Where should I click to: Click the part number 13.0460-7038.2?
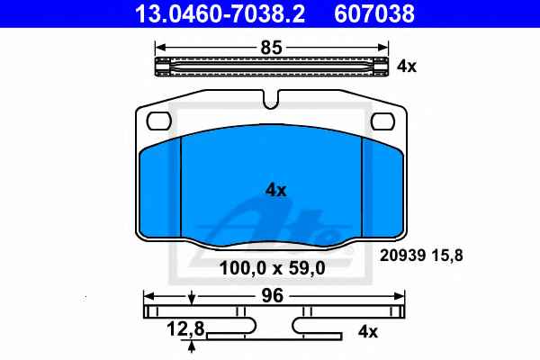(220, 13)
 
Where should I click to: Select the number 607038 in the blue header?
(374, 13)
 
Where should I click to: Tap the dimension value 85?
(272, 48)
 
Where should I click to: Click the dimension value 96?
(272, 295)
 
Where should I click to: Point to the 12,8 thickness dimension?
(185, 328)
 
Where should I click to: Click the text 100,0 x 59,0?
(272, 268)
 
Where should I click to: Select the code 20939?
(402, 256)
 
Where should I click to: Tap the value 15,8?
(447, 256)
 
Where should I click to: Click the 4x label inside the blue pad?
(276, 190)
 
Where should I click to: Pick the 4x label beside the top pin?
(407, 66)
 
